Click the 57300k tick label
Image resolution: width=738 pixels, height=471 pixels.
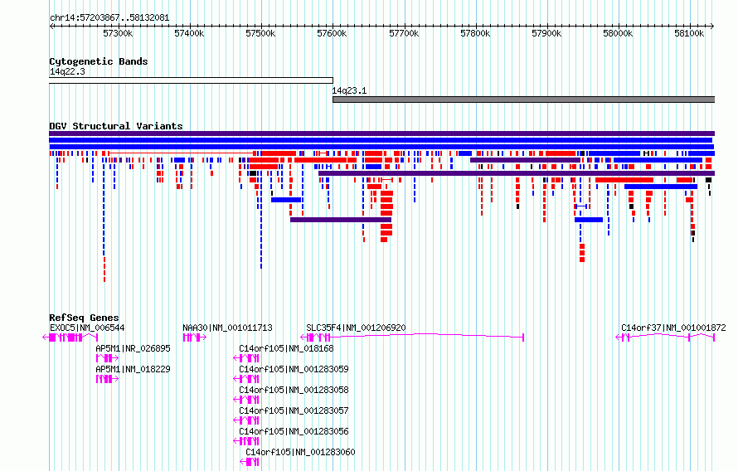[x=118, y=33]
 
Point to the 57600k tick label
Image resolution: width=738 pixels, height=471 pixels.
[x=332, y=33]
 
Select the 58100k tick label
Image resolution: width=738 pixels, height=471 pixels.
[x=689, y=33]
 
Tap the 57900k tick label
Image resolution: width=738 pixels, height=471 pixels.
[x=546, y=33]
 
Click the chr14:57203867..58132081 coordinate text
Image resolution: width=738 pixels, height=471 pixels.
[x=109, y=18]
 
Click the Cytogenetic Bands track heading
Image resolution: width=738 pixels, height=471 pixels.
[x=99, y=61]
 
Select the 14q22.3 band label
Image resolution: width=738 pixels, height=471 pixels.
[x=67, y=71]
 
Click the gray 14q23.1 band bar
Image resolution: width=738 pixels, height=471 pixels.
[x=523, y=100]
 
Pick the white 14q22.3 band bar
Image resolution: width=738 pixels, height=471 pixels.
[x=191, y=80]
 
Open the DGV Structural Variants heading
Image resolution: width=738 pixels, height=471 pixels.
[x=116, y=126]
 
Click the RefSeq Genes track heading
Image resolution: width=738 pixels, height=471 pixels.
[x=85, y=318]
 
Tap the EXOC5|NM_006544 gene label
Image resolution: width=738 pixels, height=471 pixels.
[x=87, y=328]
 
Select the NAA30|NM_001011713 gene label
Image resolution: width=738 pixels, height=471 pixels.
[x=227, y=328]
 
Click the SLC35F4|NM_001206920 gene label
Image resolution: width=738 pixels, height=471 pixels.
[x=356, y=328]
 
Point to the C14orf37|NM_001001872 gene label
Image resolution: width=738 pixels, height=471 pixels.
[x=673, y=328]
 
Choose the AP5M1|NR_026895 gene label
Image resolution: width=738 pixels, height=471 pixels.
[x=134, y=348]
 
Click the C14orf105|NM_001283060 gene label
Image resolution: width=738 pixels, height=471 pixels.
[x=300, y=452]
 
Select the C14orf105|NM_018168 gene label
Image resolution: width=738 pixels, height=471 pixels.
[x=286, y=348]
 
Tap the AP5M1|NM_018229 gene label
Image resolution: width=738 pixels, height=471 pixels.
[x=134, y=369]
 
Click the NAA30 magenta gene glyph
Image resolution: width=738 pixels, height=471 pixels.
[x=194, y=337]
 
